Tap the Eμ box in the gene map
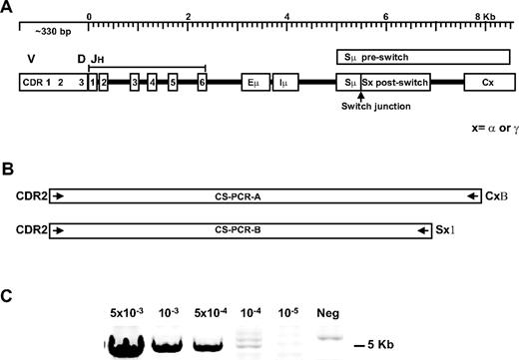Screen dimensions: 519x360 click(x=254, y=83)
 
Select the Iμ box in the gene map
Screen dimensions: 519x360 click(x=286, y=83)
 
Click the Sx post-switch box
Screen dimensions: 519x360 click(x=395, y=83)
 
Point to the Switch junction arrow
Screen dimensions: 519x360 click(x=359, y=96)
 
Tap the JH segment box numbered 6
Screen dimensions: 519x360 click(x=202, y=83)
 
